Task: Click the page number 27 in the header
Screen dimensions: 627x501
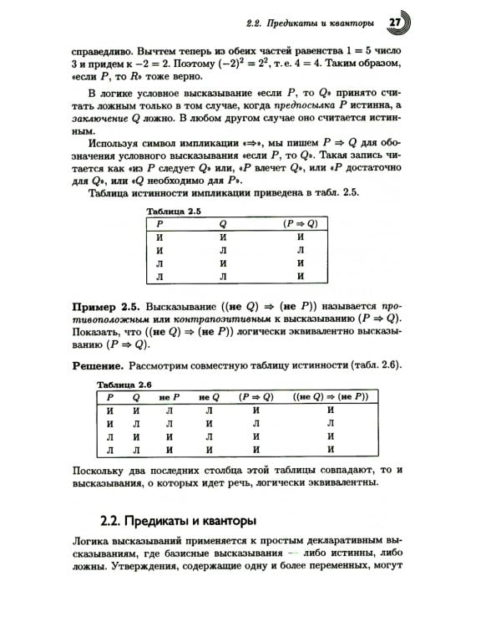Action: (x=396, y=21)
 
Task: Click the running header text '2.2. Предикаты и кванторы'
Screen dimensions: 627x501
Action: (x=311, y=22)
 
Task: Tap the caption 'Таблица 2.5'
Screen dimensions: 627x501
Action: (x=174, y=212)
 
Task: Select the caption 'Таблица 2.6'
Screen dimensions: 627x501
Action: (x=124, y=384)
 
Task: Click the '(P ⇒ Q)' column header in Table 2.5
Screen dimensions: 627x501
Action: (x=301, y=224)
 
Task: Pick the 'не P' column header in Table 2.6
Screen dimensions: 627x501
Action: (x=170, y=396)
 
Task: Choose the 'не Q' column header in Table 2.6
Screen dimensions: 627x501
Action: (x=209, y=396)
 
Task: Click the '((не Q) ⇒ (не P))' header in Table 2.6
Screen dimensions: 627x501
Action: (x=330, y=396)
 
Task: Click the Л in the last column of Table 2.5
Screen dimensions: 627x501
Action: (x=301, y=250)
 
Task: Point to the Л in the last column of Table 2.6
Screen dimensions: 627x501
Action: (x=331, y=423)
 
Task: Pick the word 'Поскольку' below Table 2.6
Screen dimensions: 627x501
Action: (x=99, y=469)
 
